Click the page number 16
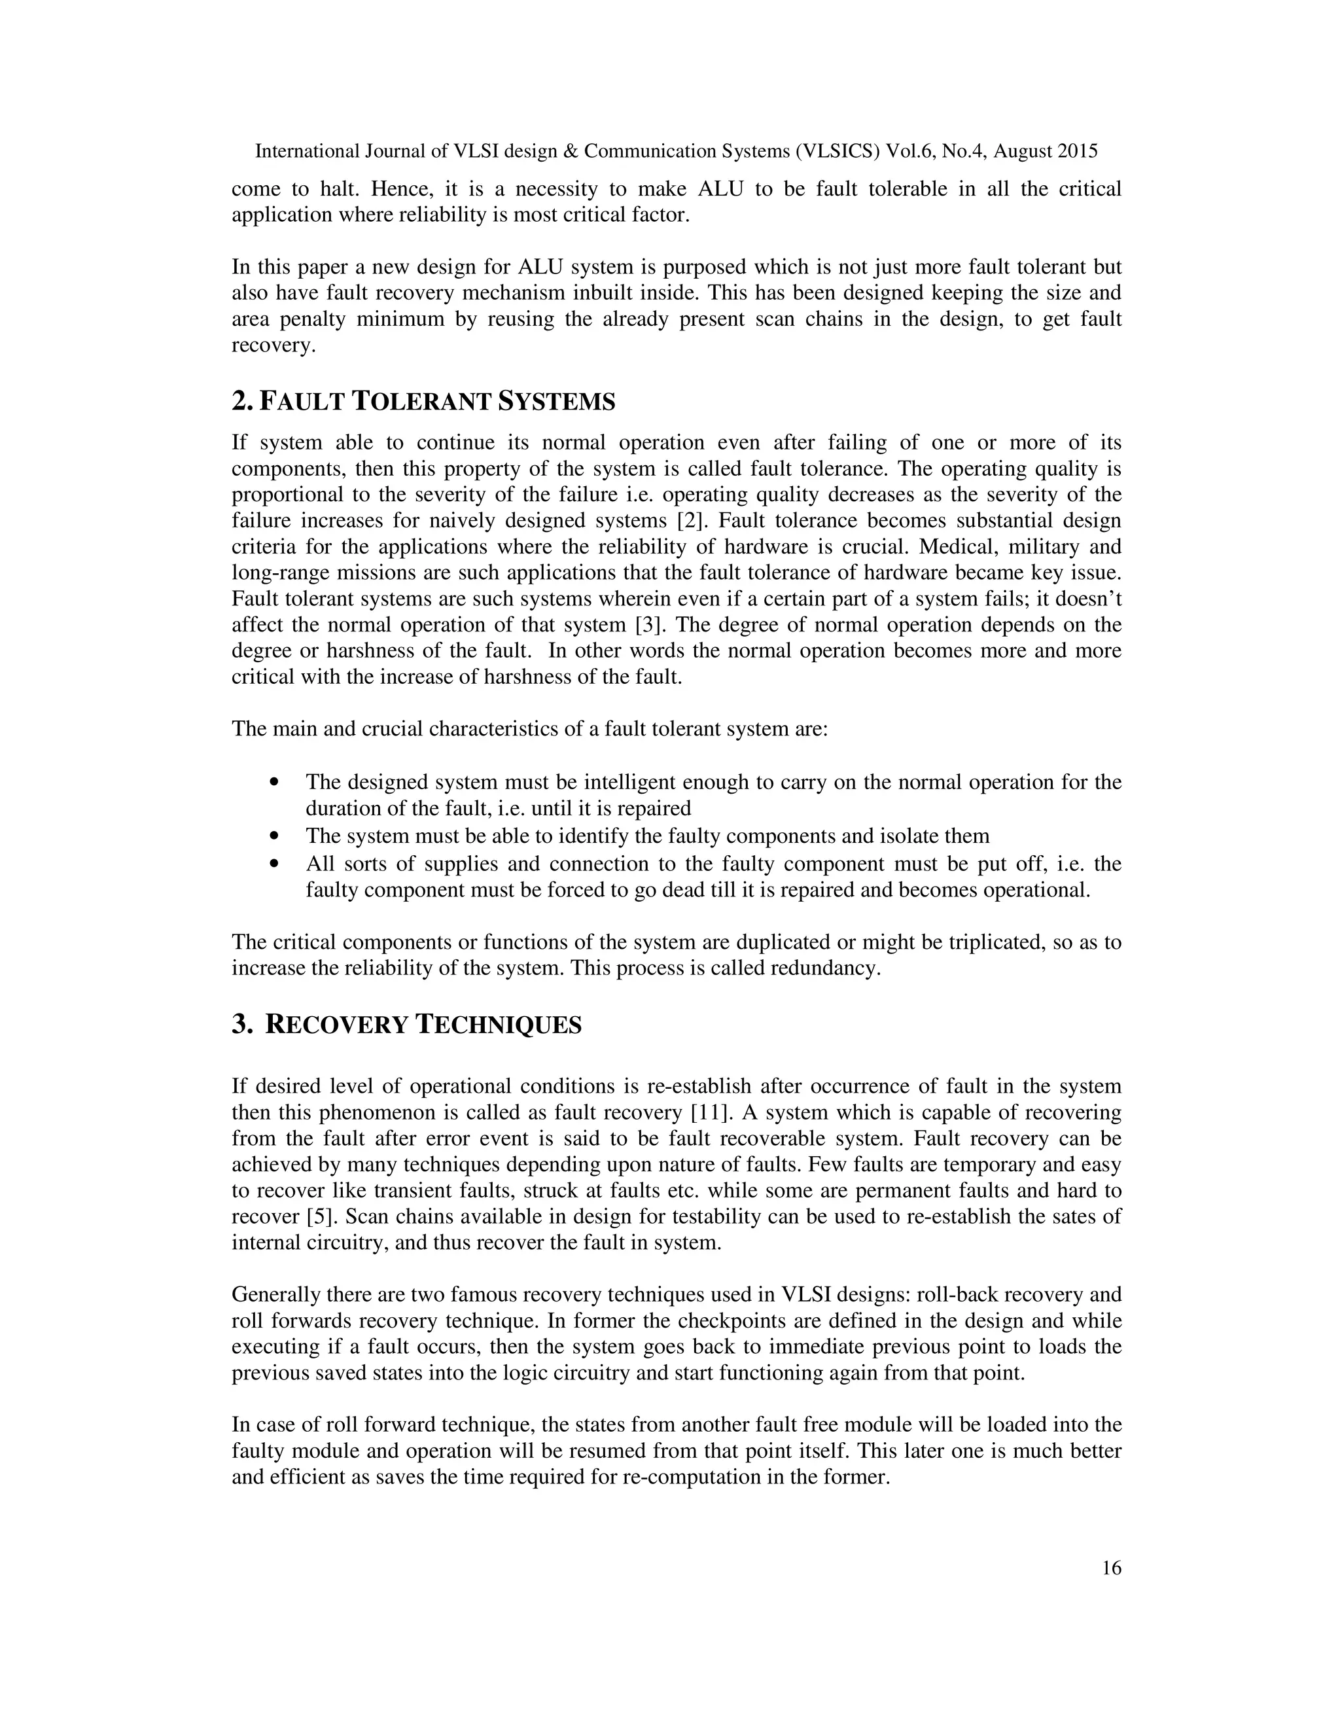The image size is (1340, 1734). tap(1112, 1568)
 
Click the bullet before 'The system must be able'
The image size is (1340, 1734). tap(275, 836)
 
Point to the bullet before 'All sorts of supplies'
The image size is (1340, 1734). tap(275, 864)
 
